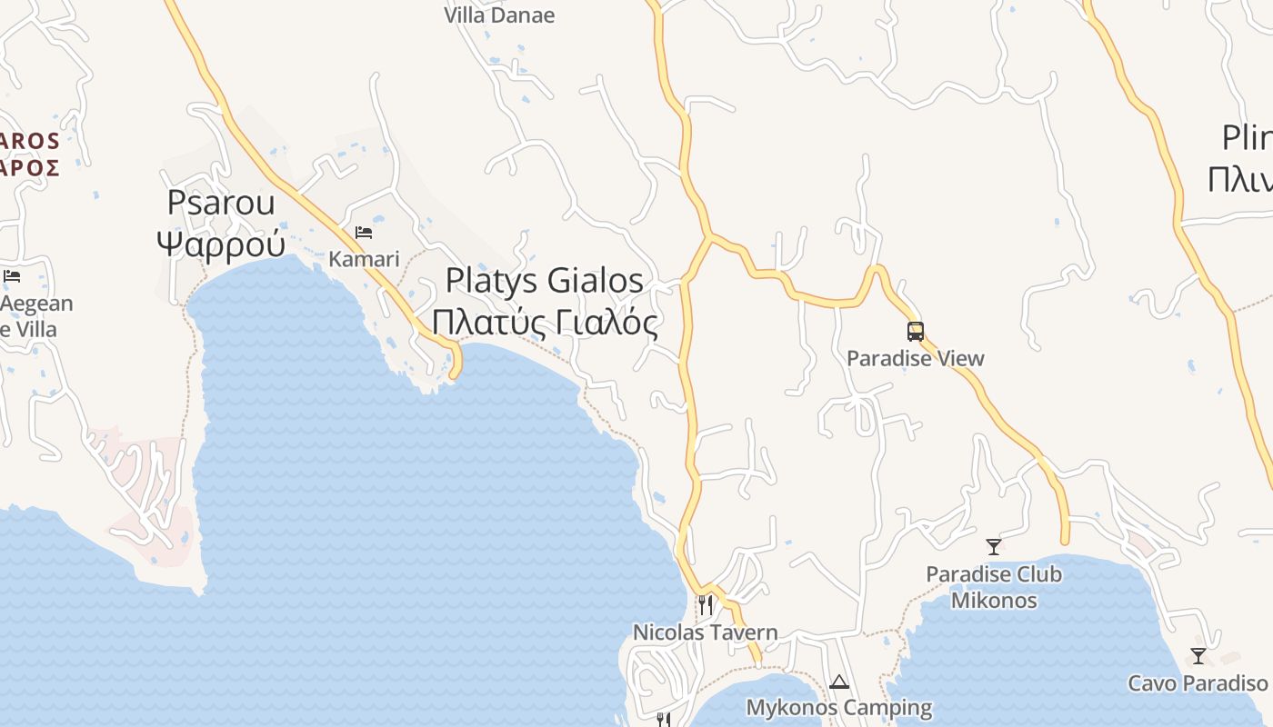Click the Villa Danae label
[499, 15]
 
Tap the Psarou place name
[220, 203]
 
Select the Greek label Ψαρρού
[221, 243]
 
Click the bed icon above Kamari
[364, 233]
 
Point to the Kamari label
[364, 259]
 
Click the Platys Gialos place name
[544, 281]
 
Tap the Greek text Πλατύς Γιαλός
[544, 323]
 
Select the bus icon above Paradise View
[915, 332]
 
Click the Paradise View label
[915, 358]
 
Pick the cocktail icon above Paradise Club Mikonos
[994, 547]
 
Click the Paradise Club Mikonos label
[994, 587]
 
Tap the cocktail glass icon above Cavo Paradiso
[1198, 655]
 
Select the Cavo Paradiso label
[1198, 683]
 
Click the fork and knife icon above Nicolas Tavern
[705, 604]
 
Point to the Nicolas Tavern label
[705, 632]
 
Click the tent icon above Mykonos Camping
[838, 682]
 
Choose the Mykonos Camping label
[838, 707]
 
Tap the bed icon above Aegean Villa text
[12, 276]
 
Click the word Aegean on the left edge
[36, 304]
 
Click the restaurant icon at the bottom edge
[663, 720]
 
